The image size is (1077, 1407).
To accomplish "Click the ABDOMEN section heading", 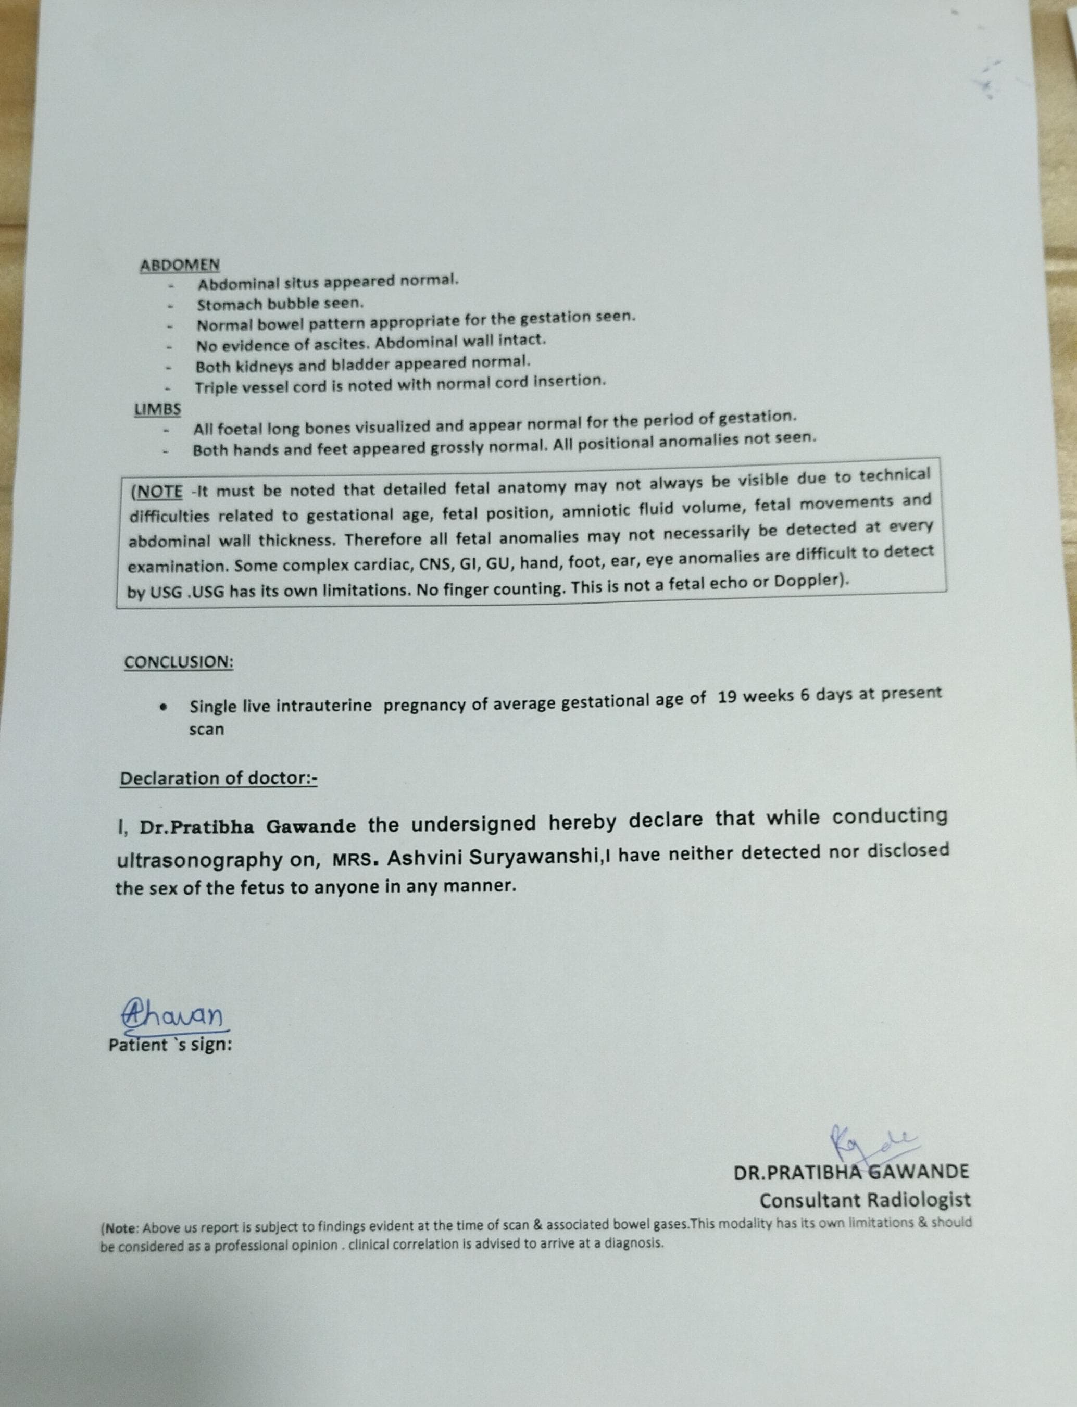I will (x=180, y=265).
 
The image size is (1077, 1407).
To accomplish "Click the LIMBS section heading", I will (x=157, y=409).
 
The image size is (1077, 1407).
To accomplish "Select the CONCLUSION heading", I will (x=178, y=662).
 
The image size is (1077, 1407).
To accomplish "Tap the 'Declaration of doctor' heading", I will (x=218, y=778).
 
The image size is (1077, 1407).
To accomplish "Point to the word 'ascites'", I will (x=337, y=344).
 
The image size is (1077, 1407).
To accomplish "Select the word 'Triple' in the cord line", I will (x=216, y=388).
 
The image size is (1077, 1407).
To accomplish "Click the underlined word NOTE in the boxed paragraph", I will (x=160, y=492).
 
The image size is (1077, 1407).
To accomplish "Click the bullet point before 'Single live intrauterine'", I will (x=164, y=708).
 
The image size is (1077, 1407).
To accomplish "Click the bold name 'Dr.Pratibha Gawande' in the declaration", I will (x=247, y=827).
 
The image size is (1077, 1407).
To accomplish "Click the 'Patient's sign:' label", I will (x=170, y=1045).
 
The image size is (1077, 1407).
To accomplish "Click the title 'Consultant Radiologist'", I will (x=865, y=1199).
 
